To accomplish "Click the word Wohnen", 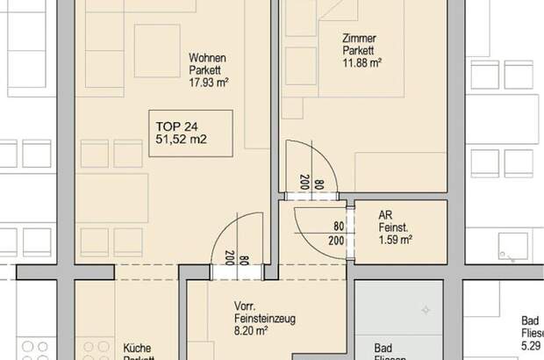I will [207, 58].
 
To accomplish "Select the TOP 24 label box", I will [190, 133].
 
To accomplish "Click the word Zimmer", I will [358, 37].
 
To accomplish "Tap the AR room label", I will [384, 213].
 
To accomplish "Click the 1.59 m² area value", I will [396, 238].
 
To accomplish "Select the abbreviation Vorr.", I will [244, 306].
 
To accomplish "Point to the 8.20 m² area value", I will [251, 333].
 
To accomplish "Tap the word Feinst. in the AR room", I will [393, 226].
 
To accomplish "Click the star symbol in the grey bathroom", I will [426, 310].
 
